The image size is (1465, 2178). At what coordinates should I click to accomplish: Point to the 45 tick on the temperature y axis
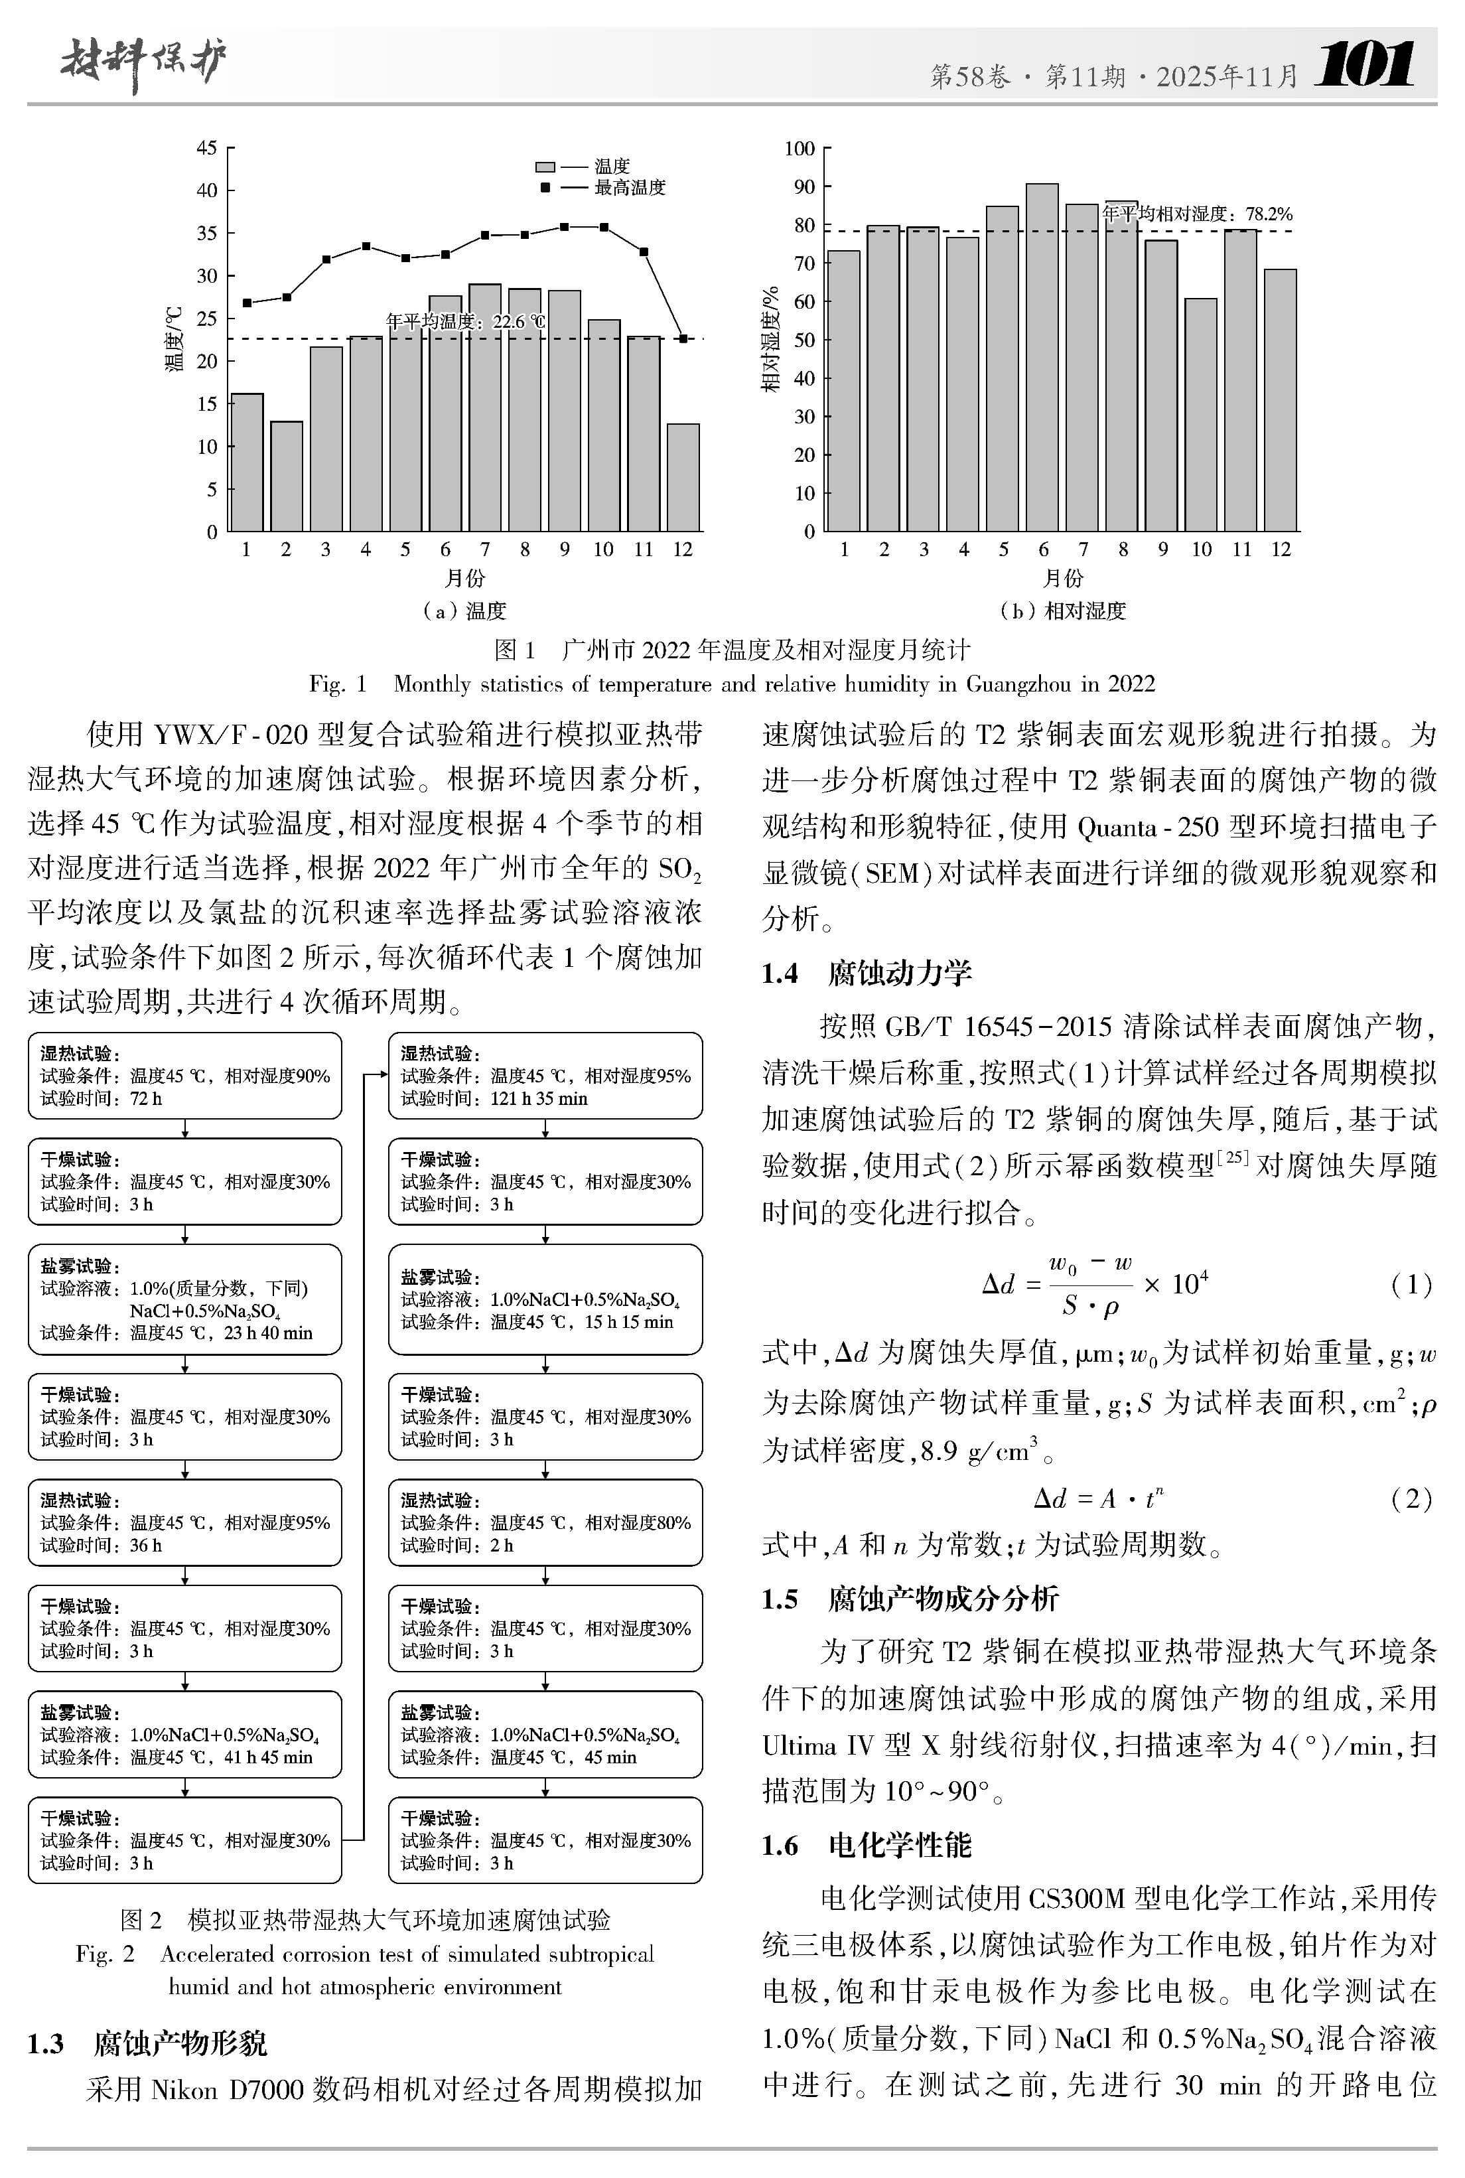[x=206, y=147]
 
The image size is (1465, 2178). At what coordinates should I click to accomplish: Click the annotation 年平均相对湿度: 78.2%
[x=1197, y=214]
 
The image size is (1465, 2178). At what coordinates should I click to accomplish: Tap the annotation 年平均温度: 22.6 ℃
[x=465, y=321]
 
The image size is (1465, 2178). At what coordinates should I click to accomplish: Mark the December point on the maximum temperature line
[x=683, y=338]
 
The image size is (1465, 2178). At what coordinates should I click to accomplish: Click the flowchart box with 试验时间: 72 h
[x=185, y=1076]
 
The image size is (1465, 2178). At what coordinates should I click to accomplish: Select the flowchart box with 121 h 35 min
[x=545, y=1076]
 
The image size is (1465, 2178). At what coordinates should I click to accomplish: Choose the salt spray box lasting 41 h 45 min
[x=185, y=1733]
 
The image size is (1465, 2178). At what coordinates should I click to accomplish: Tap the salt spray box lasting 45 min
[x=545, y=1733]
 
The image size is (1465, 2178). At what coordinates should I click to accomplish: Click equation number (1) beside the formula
[x=1411, y=1285]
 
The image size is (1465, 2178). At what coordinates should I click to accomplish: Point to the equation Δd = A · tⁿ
[x=1098, y=1498]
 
